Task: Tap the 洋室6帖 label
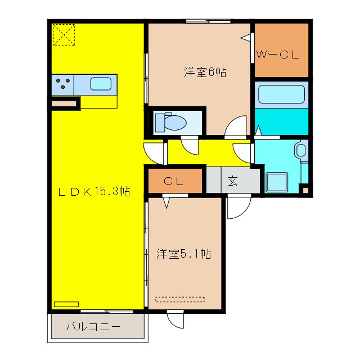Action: click(205, 72)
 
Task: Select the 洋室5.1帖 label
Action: click(183, 254)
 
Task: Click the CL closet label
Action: click(174, 181)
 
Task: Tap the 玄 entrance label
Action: click(233, 181)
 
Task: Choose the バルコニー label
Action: click(93, 327)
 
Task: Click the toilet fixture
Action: click(171, 121)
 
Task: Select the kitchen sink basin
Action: click(101, 84)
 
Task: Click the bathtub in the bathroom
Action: click(281, 94)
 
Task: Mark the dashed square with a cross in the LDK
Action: click(64, 35)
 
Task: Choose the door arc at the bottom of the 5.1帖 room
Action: click(175, 318)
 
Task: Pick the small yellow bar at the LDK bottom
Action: click(66, 304)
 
